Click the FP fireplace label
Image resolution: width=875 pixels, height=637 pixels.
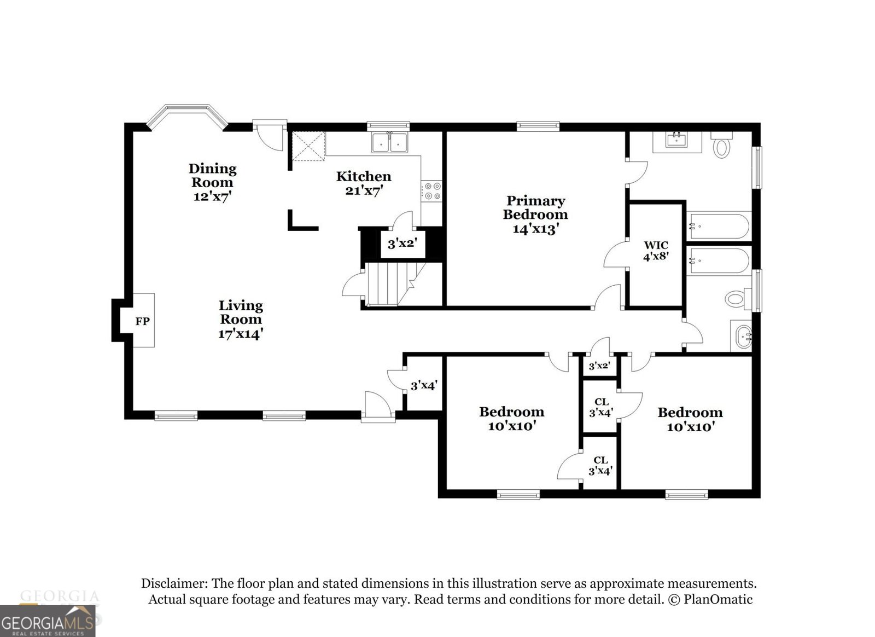pos(142,321)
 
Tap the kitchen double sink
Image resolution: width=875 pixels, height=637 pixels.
pos(390,143)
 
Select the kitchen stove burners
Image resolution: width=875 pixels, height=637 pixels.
pos(432,191)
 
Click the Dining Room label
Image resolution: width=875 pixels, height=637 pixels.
pos(213,175)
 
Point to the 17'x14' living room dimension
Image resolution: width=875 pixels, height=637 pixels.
pos(241,333)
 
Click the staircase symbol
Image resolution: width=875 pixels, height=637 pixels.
pos(389,283)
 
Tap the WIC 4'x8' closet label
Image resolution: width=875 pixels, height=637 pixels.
pos(656,250)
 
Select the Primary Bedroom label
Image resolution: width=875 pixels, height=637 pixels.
pos(535,207)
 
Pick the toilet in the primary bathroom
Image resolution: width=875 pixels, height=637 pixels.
pos(722,147)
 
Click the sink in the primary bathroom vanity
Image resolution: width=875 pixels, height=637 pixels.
pos(677,140)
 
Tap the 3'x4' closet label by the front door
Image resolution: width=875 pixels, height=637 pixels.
pos(424,385)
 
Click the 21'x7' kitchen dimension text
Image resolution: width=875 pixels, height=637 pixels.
pos(364,190)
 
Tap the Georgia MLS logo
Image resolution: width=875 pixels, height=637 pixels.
pos(48,621)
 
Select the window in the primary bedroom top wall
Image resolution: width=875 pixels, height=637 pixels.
pos(539,127)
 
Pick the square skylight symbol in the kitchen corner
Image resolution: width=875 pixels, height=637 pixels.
pos(308,146)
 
